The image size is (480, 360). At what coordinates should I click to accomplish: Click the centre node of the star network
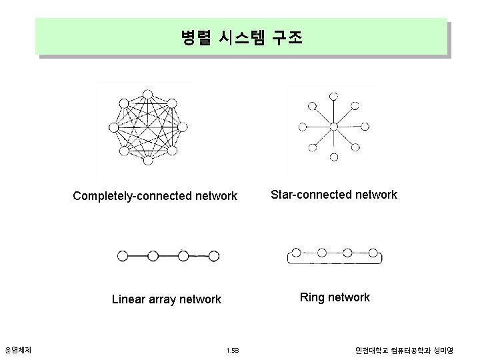coord(333,126)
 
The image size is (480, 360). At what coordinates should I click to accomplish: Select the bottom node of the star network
coord(334,157)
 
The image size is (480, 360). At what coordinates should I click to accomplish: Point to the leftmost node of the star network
coord(303,126)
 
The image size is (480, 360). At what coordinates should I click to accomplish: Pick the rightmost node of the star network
coord(363,126)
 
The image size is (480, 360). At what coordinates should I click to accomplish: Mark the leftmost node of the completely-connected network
coord(113,127)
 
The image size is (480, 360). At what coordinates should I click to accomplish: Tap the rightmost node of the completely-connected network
coord(180,127)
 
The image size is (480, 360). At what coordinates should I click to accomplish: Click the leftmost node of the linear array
coord(122,255)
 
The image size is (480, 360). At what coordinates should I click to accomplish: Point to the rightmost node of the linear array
coord(213,255)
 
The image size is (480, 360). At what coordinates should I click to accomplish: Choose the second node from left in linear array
coord(153,255)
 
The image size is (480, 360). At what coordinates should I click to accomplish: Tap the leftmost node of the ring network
coord(297,253)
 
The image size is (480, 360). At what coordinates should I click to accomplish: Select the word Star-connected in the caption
coord(304,195)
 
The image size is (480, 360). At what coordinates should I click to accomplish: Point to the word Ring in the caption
coord(311,297)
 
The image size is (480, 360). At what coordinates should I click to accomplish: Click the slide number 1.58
coord(233,350)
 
